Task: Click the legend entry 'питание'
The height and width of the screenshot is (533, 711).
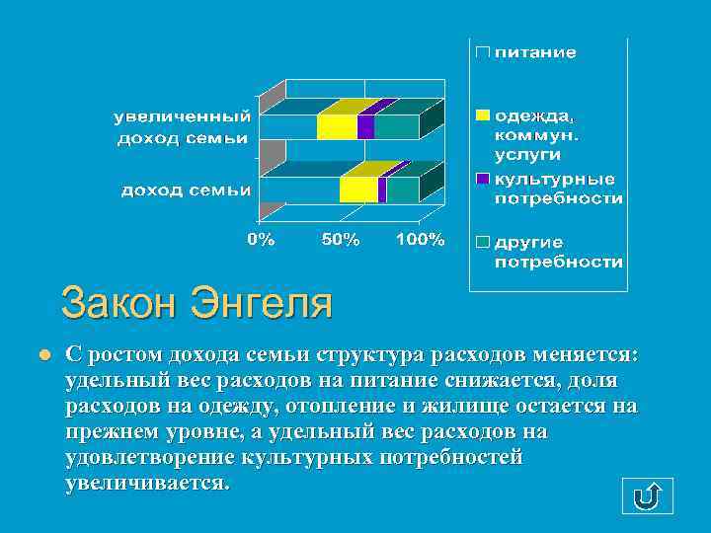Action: [x=534, y=52]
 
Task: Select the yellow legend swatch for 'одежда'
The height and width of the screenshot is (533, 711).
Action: [x=482, y=115]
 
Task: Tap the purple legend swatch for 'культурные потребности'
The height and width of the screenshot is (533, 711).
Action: [x=482, y=179]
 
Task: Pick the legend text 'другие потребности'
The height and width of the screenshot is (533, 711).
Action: [x=558, y=253]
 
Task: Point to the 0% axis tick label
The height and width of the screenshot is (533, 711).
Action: [x=261, y=239]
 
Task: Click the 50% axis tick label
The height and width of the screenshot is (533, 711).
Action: [x=341, y=239]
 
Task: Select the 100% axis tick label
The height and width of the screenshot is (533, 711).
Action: [x=420, y=239]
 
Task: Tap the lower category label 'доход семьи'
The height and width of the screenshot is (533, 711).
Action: [x=185, y=190]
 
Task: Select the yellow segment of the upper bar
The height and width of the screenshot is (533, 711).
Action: [x=337, y=127]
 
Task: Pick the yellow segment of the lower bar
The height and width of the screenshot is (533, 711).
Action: [x=358, y=190]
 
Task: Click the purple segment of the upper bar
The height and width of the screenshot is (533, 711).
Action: [x=365, y=127]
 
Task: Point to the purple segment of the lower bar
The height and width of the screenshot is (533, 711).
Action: [x=382, y=190]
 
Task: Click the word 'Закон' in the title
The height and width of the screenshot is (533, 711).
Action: [x=118, y=303]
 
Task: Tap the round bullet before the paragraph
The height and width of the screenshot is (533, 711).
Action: [x=43, y=354]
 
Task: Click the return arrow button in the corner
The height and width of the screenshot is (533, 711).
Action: [x=647, y=495]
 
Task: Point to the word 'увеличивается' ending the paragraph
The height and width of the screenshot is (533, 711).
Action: [x=145, y=484]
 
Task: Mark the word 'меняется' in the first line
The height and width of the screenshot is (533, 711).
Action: [x=586, y=354]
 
